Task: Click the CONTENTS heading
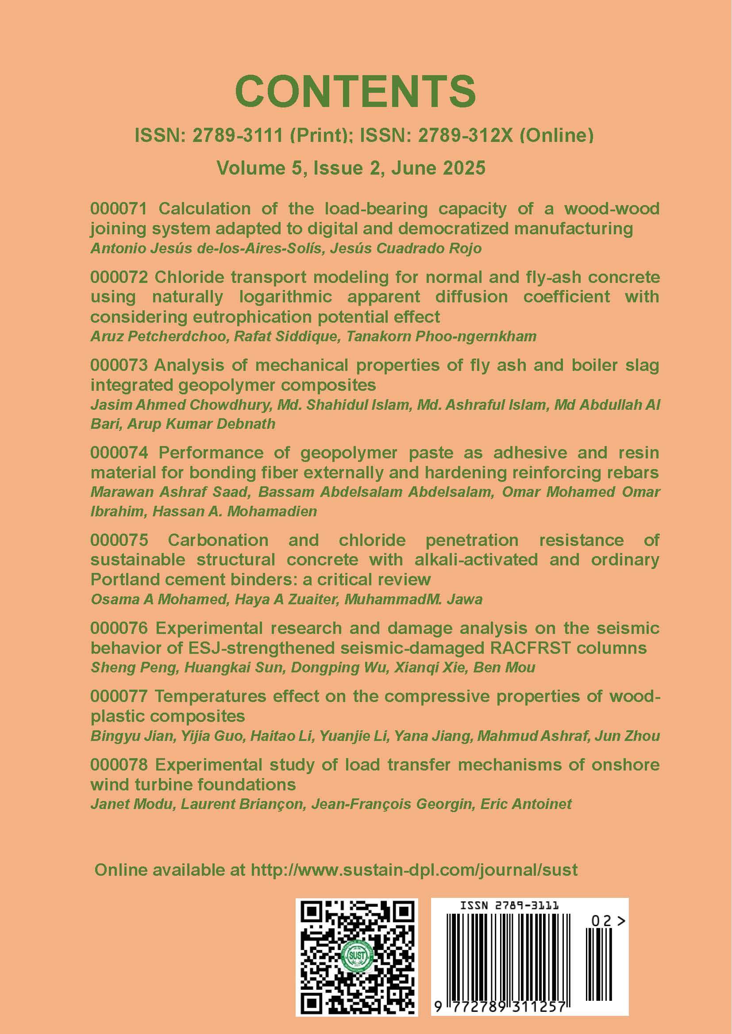[x=355, y=92]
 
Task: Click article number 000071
[x=119, y=209]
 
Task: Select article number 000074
[x=119, y=453]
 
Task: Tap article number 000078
[x=119, y=765]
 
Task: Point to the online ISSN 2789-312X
[x=465, y=135]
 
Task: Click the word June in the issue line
[x=414, y=168]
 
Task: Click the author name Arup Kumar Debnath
[x=201, y=424]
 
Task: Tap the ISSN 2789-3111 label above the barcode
[x=509, y=905]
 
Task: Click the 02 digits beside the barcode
[x=601, y=921]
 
